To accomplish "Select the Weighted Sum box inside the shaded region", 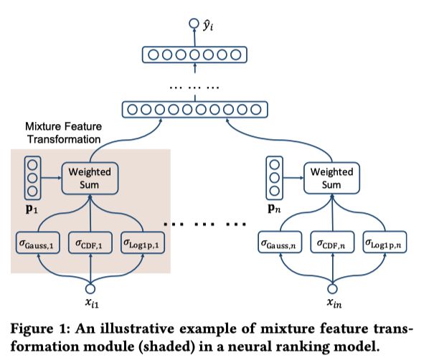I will tap(90, 178).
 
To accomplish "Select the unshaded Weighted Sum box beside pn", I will tap(331, 178).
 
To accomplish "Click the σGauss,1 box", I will tap(37, 244).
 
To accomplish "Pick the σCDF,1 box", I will tap(90, 244).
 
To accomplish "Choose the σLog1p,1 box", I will tap(143, 244).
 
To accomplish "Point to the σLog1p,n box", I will tap(385, 244).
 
